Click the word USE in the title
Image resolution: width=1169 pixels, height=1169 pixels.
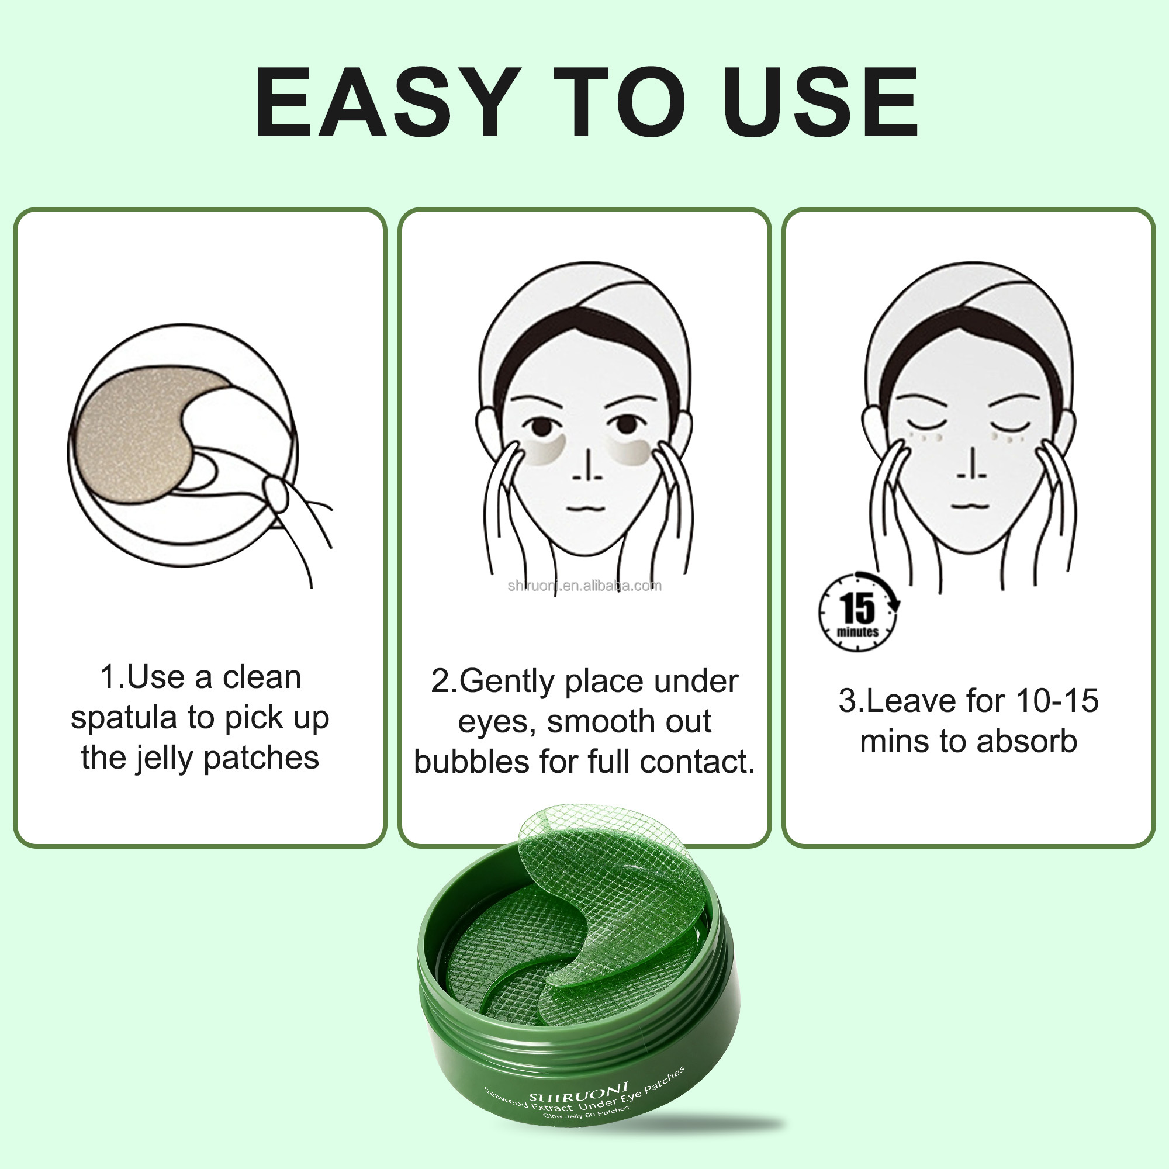(x=824, y=102)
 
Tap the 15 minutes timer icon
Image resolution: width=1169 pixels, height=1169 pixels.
(x=858, y=613)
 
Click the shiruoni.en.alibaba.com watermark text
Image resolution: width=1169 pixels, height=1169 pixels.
(x=584, y=586)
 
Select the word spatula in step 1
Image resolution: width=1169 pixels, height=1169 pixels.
(x=124, y=718)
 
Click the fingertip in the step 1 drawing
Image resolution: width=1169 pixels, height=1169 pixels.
(x=276, y=494)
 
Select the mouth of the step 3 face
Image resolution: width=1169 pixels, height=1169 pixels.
(x=970, y=504)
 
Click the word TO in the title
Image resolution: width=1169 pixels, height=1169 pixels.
(x=620, y=102)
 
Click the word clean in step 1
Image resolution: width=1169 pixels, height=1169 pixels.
(x=261, y=677)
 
